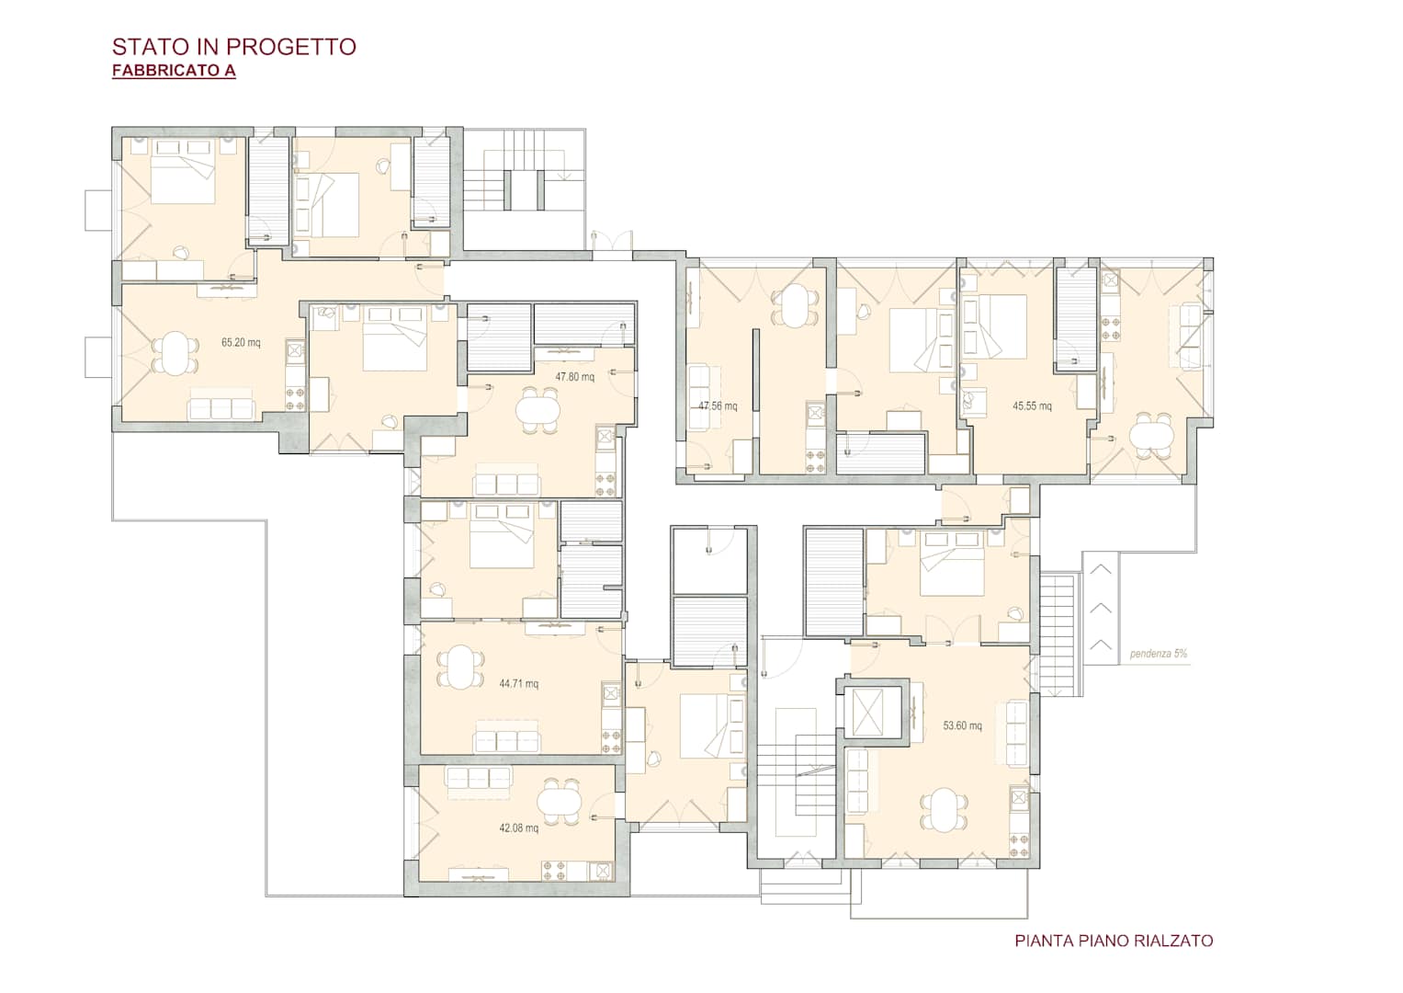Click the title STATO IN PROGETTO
234,47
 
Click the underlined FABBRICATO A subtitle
175,70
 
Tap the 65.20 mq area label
241,343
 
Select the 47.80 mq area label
575,377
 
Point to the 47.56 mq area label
718,406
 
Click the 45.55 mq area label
1032,406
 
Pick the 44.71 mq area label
518,684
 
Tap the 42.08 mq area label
518,828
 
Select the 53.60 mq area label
963,726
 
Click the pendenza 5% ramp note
1159,654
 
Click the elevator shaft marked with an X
867,713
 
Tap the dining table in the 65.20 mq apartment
175,354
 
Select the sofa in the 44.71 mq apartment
506,736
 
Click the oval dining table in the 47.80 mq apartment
537,411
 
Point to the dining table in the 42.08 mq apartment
560,803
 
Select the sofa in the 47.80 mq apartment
506,479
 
